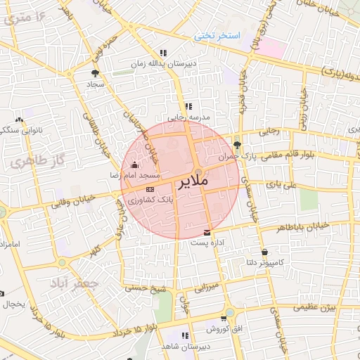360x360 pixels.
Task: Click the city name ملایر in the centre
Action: tap(191, 183)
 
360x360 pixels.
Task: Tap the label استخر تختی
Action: tap(219, 35)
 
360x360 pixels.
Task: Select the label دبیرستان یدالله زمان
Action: tap(163, 63)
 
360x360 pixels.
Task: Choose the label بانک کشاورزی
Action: tap(150, 200)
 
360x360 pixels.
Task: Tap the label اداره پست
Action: tap(207, 243)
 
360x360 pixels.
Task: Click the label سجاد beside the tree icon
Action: tap(95, 83)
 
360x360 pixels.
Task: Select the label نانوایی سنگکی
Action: tap(19, 129)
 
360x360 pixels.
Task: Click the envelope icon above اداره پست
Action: tap(207, 232)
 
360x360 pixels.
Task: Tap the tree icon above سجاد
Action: tap(95, 72)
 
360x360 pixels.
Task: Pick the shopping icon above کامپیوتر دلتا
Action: tap(264, 252)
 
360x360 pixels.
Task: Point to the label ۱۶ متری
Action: tap(28, 15)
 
